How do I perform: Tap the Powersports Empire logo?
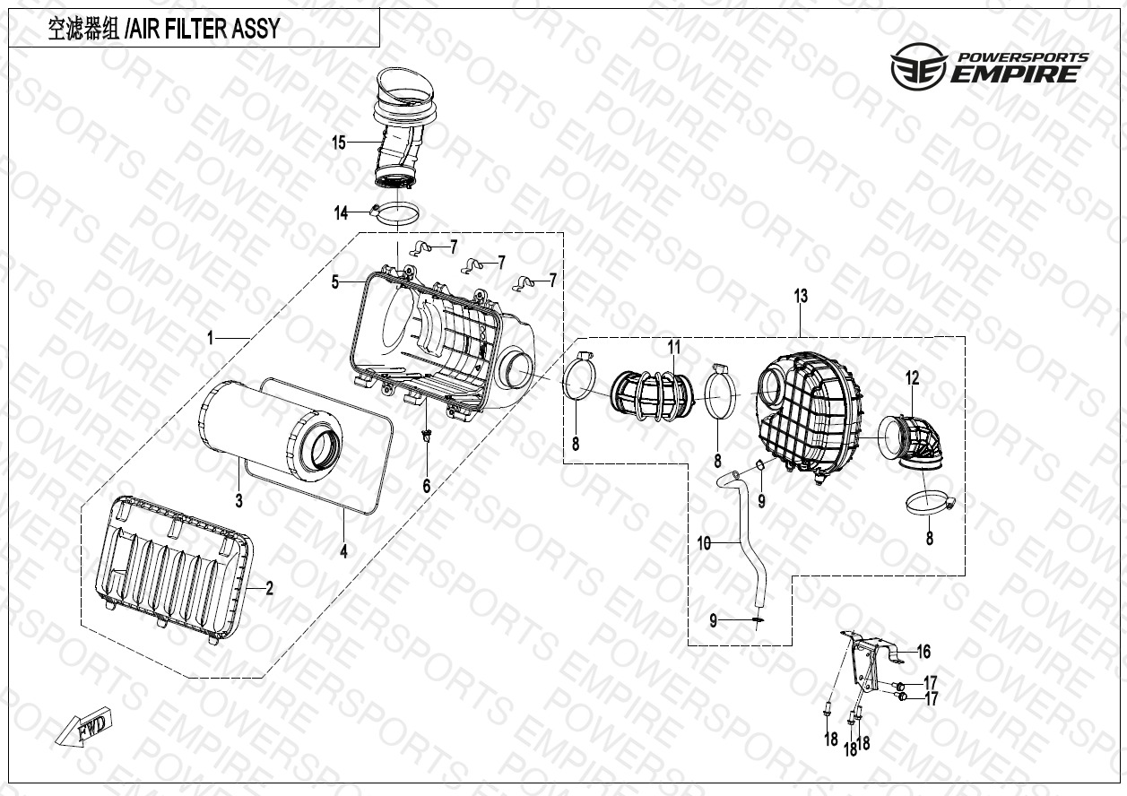[x=989, y=67]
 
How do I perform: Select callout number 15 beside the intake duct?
[x=339, y=143]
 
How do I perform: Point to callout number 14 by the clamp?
[x=342, y=212]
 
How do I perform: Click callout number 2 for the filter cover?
[x=269, y=589]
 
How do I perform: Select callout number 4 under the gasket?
[x=343, y=552]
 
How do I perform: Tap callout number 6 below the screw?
[x=427, y=485]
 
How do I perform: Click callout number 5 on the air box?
[x=335, y=282]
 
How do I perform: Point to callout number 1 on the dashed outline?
[x=211, y=338]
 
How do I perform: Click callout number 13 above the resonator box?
[x=801, y=295]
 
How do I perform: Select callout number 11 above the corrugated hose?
[x=673, y=346]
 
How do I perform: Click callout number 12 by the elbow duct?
[x=912, y=379]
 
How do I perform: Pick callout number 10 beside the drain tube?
[x=705, y=542]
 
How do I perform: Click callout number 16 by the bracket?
[x=923, y=652]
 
